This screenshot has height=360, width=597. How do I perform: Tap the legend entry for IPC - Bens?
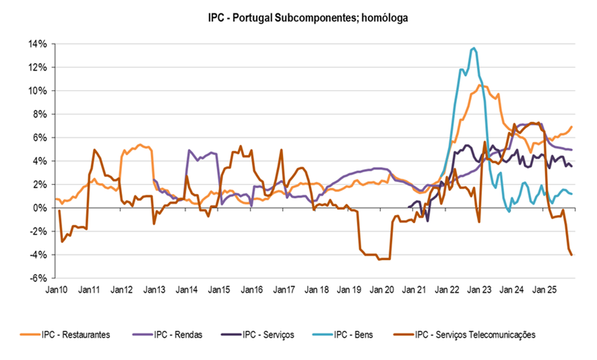tap(352, 335)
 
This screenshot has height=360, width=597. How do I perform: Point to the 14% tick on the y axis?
tap(38, 44)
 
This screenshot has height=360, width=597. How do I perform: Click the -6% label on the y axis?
tap(38, 279)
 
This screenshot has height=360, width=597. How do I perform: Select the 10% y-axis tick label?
tap(38, 91)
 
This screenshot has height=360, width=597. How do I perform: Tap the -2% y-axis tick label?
tap(38, 232)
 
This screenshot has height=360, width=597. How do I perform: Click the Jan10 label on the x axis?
tap(56, 290)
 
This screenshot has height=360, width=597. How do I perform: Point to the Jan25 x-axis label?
tap(544, 290)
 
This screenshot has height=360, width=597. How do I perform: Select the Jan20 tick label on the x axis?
tap(381, 290)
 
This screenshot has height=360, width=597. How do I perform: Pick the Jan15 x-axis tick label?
tap(219, 290)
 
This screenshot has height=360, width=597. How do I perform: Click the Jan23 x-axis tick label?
tap(479, 290)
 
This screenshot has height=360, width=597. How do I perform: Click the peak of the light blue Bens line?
tap(474, 48)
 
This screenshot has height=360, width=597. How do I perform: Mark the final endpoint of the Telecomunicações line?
tap(572, 255)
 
